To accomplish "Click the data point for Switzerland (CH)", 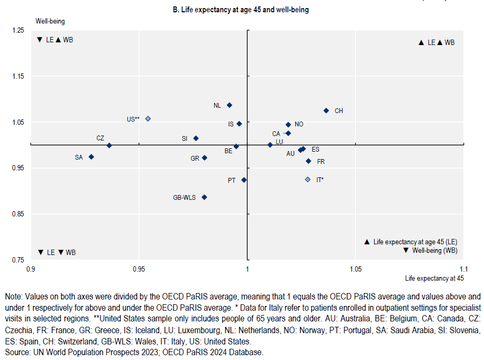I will tap(326, 110).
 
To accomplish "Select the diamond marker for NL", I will tap(229, 105).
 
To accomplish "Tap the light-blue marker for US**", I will tap(148, 118).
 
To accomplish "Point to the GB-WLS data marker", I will tap(204, 197).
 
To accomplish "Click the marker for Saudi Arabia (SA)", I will tap(91, 157).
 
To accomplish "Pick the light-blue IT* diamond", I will tap(308, 179).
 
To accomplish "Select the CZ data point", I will tap(109, 145).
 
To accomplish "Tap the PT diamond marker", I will tap(244, 180).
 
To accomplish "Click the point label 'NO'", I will tap(299, 124).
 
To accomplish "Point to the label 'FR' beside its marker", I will tap(321, 161).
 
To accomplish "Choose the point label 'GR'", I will tap(195, 158).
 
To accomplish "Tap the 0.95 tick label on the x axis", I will tap(139, 269).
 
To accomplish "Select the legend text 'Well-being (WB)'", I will tap(434, 250).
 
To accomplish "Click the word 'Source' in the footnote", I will tap(17, 352).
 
